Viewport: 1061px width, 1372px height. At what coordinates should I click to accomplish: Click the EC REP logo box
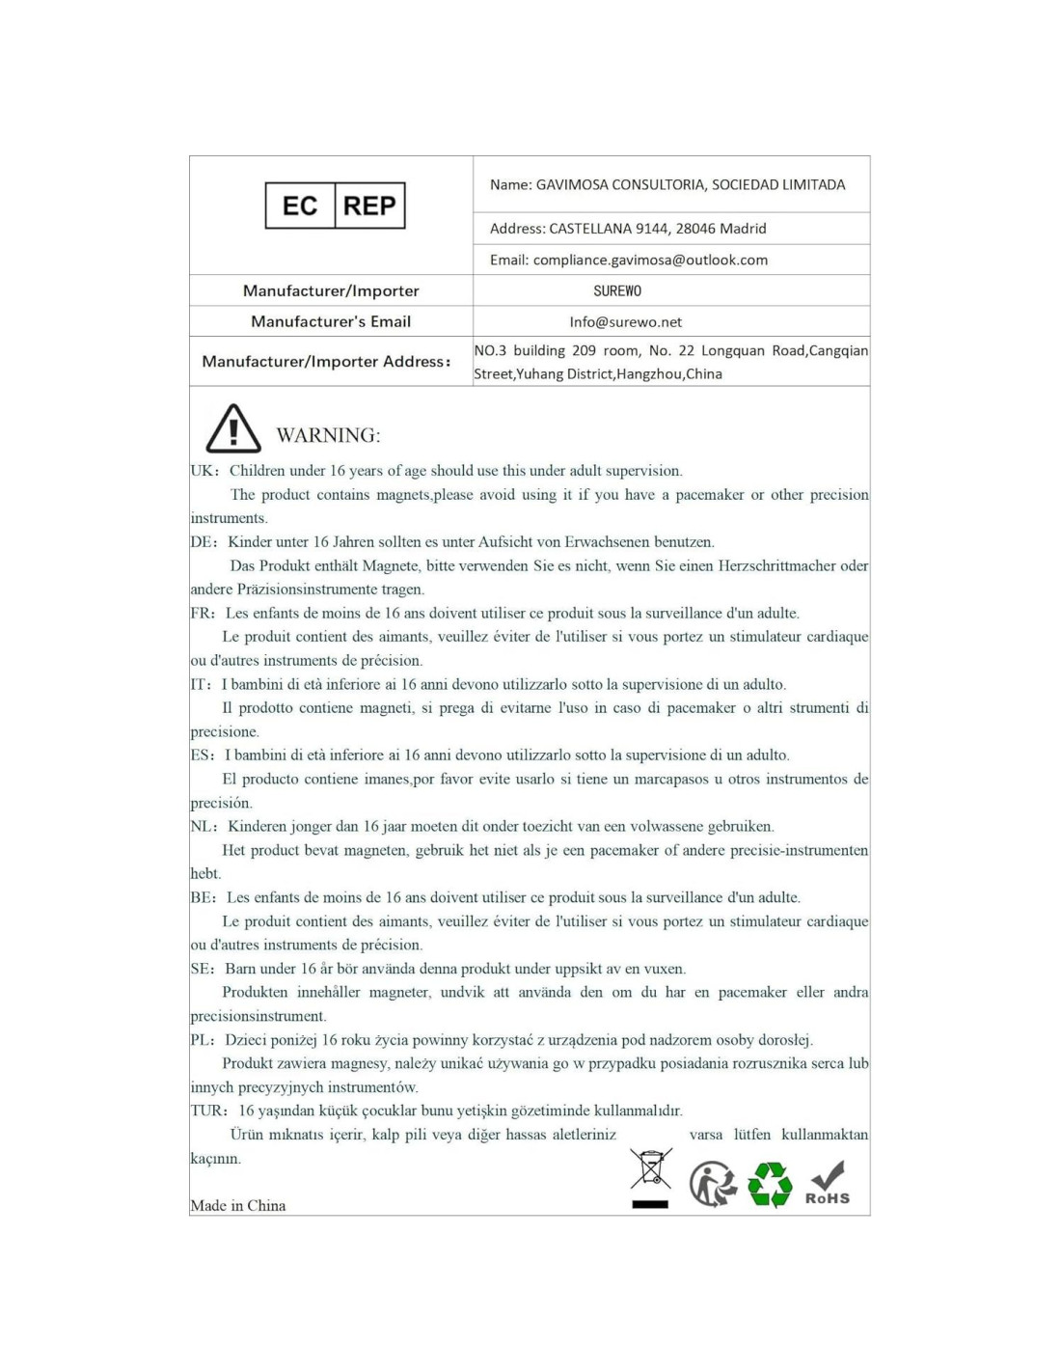click(335, 206)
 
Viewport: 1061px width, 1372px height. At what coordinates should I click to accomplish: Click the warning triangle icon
click(233, 429)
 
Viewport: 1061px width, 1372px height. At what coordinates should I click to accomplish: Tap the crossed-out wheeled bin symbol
click(651, 1175)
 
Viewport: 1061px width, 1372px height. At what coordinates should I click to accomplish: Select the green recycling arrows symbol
click(770, 1184)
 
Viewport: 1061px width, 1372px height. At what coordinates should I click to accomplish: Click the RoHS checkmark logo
click(828, 1183)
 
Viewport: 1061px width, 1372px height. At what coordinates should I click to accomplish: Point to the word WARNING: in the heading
click(328, 435)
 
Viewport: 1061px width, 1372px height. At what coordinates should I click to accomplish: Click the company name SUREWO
click(617, 290)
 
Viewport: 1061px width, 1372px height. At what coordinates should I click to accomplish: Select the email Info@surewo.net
click(625, 321)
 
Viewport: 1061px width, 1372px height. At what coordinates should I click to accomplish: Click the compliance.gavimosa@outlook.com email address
click(650, 260)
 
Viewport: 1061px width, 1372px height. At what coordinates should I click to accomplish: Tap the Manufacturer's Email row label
click(331, 321)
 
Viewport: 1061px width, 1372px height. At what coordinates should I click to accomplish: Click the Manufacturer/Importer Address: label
click(326, 361)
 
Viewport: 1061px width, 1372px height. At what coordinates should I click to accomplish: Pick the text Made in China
click(238, 1205)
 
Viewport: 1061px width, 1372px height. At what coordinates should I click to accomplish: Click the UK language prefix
click(203, 471)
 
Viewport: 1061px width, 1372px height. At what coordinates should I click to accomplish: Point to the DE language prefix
click(203, 542)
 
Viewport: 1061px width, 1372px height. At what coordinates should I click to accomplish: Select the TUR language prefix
click(207, 1111)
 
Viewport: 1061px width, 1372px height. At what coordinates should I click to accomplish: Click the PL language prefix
click(202, 1040)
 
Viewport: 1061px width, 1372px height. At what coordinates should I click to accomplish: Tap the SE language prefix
click(202, 969)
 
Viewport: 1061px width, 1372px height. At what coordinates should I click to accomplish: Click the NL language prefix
click(203, 826)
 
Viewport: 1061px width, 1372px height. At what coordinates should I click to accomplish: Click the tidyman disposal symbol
click(712, 1184)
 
